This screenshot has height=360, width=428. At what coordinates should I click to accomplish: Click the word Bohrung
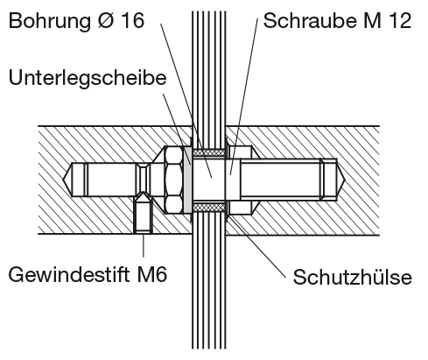click(x=50, y=22)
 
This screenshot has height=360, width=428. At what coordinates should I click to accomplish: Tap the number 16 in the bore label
click(x=132, y=21)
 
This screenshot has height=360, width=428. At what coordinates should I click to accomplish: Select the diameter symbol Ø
click(x=105, y=21)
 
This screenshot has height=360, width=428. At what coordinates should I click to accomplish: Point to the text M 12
click(x=387, y=21)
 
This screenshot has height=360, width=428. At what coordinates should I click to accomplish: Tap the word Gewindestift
click(x=69, y=274)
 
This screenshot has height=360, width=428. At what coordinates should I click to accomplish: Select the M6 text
click(x=151, y=274)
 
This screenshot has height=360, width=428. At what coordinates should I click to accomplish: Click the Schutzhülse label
click(x=353, y=277)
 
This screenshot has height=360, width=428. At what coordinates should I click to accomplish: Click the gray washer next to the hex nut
click(x=187, y=180)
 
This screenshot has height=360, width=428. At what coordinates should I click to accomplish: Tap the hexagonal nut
click(x=174, y=180)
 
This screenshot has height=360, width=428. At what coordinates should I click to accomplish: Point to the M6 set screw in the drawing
click(x=143, y=212)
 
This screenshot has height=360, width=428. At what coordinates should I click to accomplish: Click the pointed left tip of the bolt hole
click(x=64, y=180)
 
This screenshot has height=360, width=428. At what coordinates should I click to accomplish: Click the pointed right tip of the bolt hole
click(x=345, y=180)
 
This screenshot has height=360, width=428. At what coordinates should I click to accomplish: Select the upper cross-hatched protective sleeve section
click(x=209, y=152)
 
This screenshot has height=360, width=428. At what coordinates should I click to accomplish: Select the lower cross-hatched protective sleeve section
click(x=209, y=208)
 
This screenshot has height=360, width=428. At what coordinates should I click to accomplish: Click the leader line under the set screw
click(x=144, y=245)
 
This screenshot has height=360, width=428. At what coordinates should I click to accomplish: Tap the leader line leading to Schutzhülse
click(x=257, y=245)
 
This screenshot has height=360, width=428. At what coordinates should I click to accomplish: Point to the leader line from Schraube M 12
click(x=244, y=96)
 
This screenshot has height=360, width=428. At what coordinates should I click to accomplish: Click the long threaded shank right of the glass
click(x=281, y=180)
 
